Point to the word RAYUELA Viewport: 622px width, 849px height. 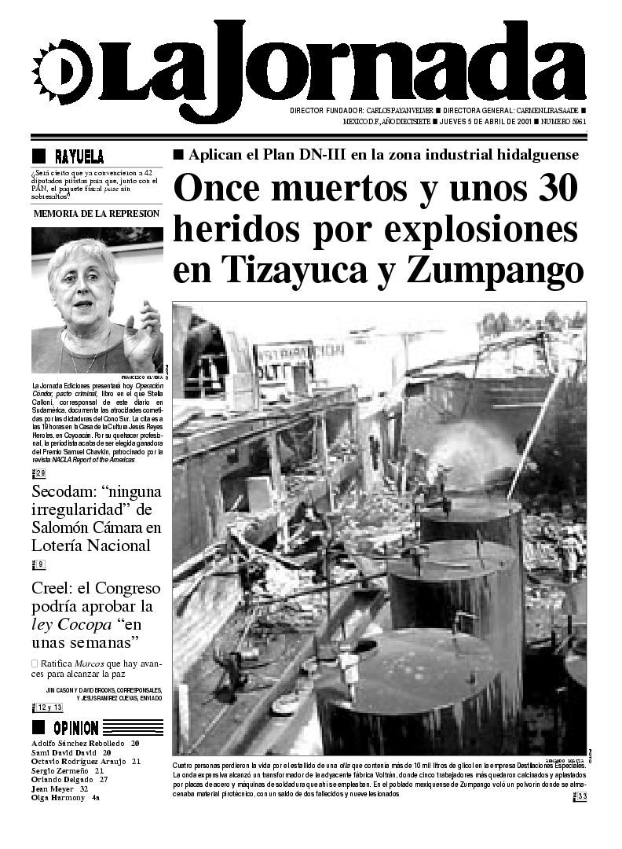(x=79, y=156)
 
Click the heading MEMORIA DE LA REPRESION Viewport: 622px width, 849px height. (x=97, y=213)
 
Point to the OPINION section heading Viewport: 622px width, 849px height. (x=75, y=727)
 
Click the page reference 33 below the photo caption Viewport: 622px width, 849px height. (x=582, y=797)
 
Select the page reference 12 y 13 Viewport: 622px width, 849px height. (x=49, y=707)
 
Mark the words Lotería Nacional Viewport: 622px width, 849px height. (x=90, y=546)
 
